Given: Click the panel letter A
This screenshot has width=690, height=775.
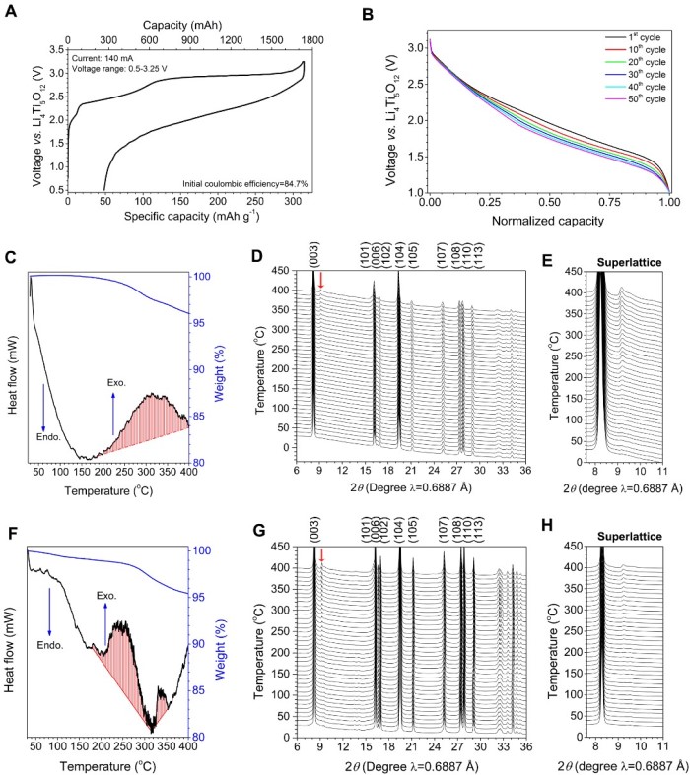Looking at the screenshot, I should pyautogui.click(x=10, y=12).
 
